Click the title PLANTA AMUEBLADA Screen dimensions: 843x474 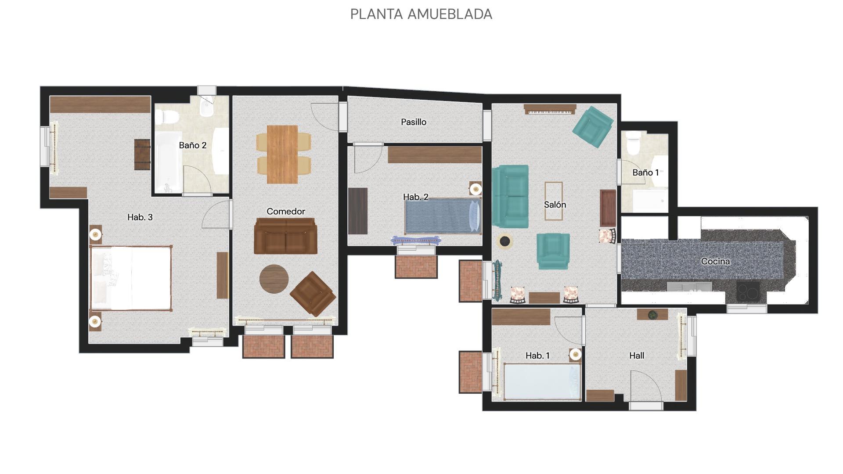point(421,14)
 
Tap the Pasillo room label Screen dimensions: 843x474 point(414,122)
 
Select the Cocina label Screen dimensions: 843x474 point(715,261)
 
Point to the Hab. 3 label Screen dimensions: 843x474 point(140,217)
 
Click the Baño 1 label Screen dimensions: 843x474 point(645,172)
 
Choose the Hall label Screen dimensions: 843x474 point(637,355)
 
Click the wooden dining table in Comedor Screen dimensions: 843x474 point(282,154)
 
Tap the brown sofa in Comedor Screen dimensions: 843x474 point(285,236)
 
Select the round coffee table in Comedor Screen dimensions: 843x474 point(274,279)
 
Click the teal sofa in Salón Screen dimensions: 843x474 point(510,196)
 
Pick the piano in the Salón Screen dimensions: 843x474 point(550,109)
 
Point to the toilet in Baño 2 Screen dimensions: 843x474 point(166,117)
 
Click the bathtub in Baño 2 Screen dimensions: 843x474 point(168,162)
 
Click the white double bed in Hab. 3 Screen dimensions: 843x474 point(131,278)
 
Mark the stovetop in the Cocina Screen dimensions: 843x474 point(748,291)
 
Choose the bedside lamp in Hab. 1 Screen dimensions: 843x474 point(575,354)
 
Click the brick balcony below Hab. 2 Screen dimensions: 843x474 point(416,266)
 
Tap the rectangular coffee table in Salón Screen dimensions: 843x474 point(553,201)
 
